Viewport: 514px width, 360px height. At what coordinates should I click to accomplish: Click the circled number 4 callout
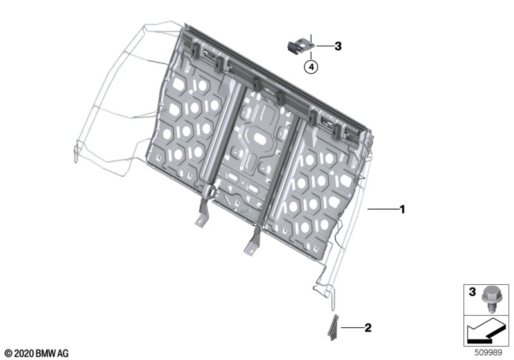click(x=311, y=67)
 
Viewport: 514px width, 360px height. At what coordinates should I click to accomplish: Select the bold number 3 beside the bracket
click(x=338, y=46)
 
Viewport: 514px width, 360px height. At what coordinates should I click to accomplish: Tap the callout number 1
click(x=403, y=209)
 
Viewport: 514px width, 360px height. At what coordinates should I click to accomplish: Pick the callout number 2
click(x=368, y=328)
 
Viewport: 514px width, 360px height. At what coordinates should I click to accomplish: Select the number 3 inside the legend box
click(x=472, y=291)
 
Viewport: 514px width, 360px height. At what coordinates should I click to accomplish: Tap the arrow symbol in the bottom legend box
click(x=486, y=331)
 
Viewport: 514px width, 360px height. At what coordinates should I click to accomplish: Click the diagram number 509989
click(x=488, y=352)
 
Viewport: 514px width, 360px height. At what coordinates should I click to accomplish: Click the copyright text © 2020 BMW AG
click(x=37, y=354)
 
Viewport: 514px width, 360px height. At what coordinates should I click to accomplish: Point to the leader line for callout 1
click(x=382, y=209)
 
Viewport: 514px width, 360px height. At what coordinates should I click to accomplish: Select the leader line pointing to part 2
click(x=352, y=327)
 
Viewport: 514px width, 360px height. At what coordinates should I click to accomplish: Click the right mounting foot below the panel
click(x=253, y=240)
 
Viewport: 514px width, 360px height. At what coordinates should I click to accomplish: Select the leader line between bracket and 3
click(x=324, y=46)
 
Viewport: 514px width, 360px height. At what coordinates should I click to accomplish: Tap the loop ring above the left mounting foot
click(x=210, y=191)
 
